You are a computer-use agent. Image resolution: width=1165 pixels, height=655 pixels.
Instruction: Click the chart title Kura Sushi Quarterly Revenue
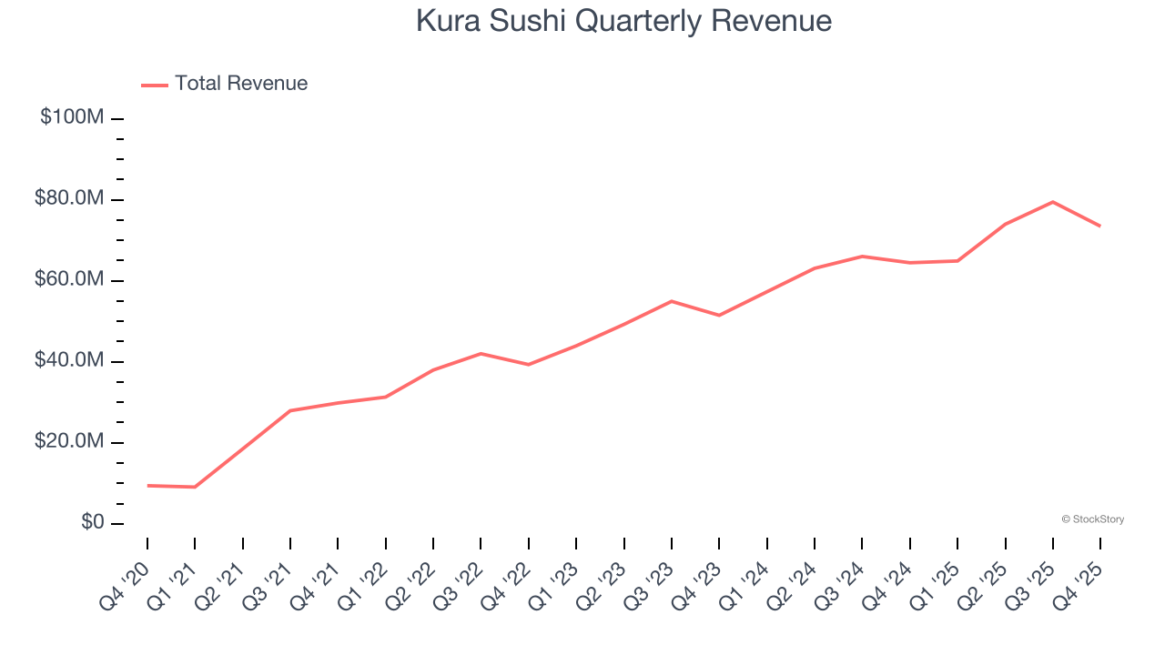pos(623,21)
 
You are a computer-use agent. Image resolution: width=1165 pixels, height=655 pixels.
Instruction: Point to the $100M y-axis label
pos(72,117)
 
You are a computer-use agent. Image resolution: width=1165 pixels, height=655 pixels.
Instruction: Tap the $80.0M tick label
pos(69,198)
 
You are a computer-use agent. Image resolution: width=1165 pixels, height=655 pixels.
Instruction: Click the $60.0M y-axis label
pos(69,279)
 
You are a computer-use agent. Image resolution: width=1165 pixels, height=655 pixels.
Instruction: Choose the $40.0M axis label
pos(69,360)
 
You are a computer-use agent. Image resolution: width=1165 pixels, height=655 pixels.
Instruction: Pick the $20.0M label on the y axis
pos(69,441)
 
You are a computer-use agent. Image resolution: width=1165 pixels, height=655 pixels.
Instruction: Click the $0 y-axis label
pos(91,522)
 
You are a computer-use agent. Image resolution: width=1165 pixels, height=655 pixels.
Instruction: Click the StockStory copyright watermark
pos(1092,519)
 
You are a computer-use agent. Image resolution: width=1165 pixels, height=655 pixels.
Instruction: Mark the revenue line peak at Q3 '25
pos(1053,202)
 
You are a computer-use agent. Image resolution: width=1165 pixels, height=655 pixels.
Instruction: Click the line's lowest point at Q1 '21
pos(195,487)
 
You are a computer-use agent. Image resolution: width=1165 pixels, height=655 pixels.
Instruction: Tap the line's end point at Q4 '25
pos(1100,226)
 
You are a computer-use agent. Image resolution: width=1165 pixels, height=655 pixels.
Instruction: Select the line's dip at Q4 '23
pos(719,315)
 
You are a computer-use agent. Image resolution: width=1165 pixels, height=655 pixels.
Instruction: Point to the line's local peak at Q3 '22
pos(481,353)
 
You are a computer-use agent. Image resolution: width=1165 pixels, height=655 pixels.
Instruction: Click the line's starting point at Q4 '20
pos(147,486)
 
